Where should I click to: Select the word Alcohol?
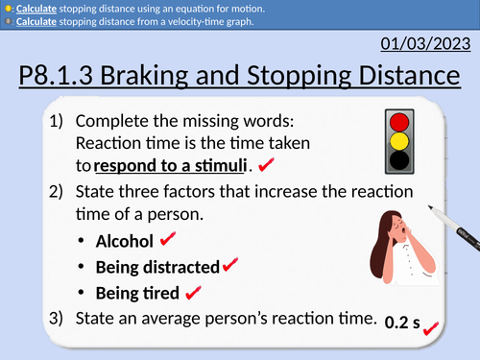[124, 240]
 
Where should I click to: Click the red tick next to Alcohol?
[169, 238]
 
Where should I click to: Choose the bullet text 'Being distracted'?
[157, 266]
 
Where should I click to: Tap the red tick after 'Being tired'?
[192, 291]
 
